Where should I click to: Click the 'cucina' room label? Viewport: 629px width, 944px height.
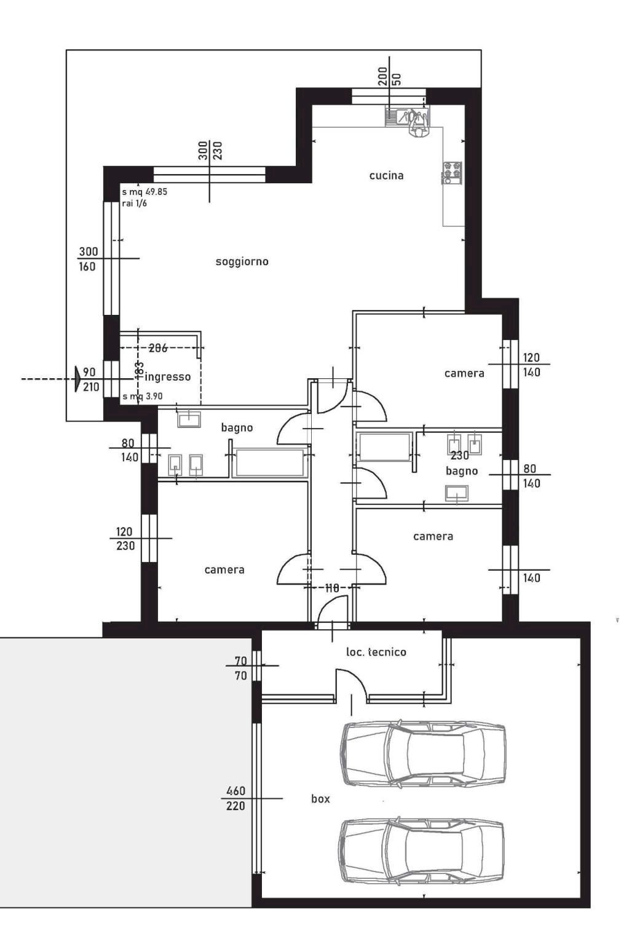point(386,176)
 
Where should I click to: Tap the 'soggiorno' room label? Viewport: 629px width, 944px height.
point(242,262)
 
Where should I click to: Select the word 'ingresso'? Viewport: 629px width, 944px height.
point(168,377)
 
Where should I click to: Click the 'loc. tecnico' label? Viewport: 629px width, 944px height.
point(376,652)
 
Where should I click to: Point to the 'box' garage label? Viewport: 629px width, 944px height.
point(320,799)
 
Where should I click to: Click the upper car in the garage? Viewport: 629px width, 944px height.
point(424,753)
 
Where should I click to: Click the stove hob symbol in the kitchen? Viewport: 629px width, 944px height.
point(451,173)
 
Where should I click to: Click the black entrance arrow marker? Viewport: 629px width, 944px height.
point(77,379)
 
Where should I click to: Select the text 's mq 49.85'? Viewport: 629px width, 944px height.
point(144,192)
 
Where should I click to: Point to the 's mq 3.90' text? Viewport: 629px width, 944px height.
point(143,397)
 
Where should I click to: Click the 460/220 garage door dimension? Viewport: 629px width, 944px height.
point(235,798)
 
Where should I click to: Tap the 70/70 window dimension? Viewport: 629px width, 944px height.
point(240,668)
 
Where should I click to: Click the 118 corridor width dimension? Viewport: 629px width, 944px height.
point(332,589)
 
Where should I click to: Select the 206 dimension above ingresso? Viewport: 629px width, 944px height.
point(158,348)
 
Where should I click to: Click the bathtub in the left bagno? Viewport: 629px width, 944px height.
point(271,463)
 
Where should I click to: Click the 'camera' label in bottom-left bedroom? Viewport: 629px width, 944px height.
point(224,570)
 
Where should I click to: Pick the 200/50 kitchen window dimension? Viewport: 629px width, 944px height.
point(389,78)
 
